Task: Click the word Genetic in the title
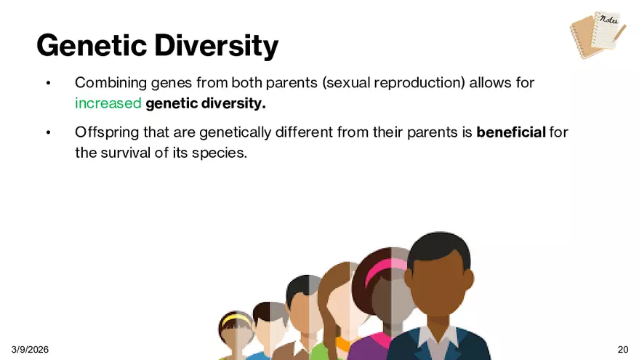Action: pos(92,45)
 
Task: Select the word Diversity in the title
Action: pos(217,46)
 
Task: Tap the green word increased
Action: pos(108,103)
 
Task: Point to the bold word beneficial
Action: pos(511,132)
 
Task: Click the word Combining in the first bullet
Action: pos(110,83)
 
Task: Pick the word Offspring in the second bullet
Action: pos(107,132)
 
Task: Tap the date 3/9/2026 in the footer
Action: pos(30,349)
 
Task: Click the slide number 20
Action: pos(623,349)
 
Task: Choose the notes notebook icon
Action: pos(598,35)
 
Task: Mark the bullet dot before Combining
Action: pos(49,83)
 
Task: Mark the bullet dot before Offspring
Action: pos(49,132)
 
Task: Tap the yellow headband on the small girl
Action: pos(236,318)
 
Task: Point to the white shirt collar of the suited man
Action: pos(438,336)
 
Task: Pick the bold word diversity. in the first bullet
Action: pos(233,103)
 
